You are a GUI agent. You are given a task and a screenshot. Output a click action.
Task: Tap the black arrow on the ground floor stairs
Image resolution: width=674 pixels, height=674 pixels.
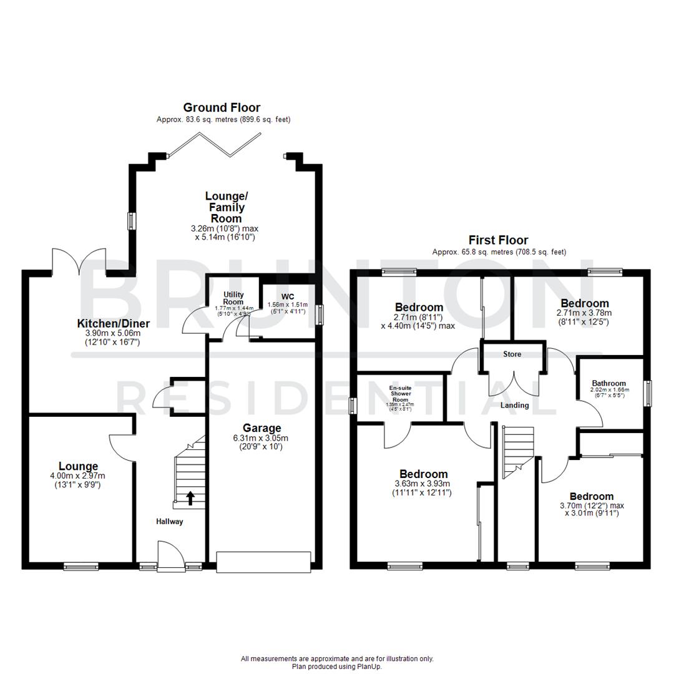pos(190,498)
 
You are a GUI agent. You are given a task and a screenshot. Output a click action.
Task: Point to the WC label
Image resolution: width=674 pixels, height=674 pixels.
pos(287,296)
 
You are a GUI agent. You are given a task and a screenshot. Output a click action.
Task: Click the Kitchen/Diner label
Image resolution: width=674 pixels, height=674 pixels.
pos(113,323)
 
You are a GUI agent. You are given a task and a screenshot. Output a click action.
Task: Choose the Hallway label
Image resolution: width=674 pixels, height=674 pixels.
pos(170,522)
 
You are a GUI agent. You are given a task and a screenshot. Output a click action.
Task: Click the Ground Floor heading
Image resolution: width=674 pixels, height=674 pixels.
pos(222,108)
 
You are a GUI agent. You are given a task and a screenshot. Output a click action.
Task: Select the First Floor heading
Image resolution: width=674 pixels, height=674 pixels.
pos(499,240)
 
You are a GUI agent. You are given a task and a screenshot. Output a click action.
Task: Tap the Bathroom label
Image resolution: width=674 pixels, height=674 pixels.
pos(608,383)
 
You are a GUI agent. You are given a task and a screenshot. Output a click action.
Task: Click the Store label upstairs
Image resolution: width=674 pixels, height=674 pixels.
pos(512,354)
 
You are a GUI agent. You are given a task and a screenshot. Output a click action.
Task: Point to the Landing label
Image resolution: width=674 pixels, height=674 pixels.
pos(515,406)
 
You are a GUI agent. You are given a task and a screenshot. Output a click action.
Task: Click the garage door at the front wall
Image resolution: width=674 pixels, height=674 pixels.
pos(263,562)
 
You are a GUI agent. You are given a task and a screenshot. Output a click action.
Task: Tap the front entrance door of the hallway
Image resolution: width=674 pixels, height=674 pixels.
pos(170,556)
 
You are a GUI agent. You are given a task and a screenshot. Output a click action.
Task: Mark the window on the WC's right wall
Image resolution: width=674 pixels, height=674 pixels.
pos(321,314)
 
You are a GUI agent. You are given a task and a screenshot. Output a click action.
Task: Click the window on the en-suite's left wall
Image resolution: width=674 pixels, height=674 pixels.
pos(351,406)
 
